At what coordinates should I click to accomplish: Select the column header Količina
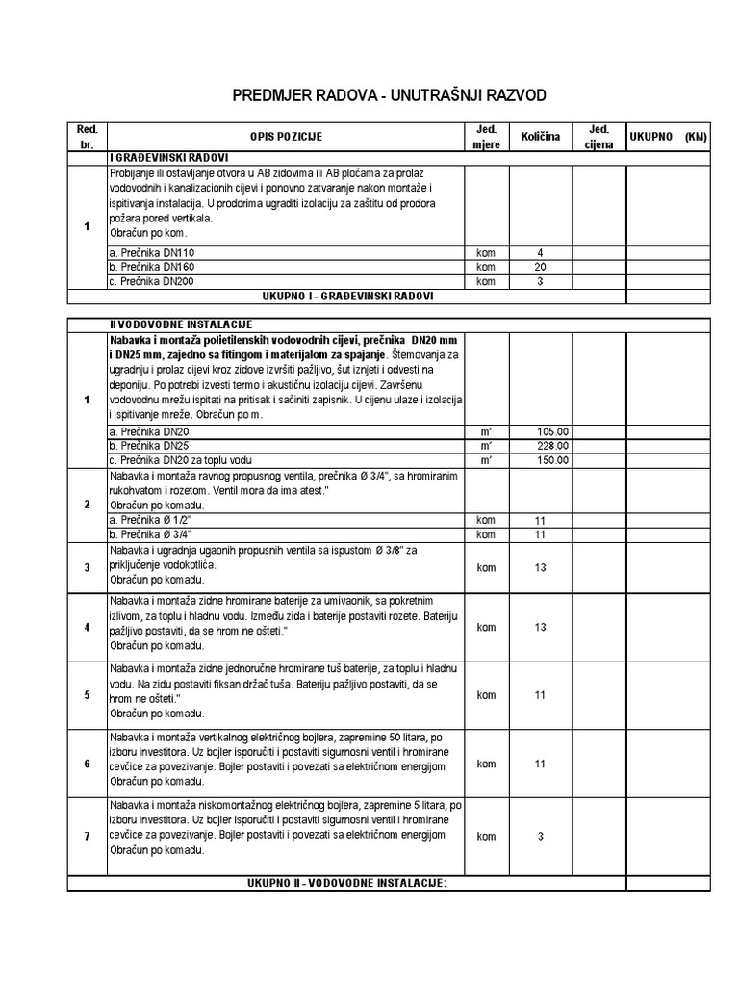[540, 138]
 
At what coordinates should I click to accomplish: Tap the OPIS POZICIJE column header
[287, 138]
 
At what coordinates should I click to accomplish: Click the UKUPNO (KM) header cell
[668, 138]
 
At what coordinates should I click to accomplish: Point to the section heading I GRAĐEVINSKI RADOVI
[169, 158]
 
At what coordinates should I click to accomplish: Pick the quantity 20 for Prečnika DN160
[540, 267]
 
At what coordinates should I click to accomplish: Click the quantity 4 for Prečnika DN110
[540, 252]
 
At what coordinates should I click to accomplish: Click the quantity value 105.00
[551, 431]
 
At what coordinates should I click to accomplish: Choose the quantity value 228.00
[551, 446]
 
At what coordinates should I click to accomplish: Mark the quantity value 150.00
[551, 460]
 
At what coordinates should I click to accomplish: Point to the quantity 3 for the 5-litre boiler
[540, 837]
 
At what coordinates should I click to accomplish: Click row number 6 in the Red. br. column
[87, 764]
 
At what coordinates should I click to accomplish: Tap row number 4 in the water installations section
[87, 628]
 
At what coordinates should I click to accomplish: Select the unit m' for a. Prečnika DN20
[486, 431]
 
